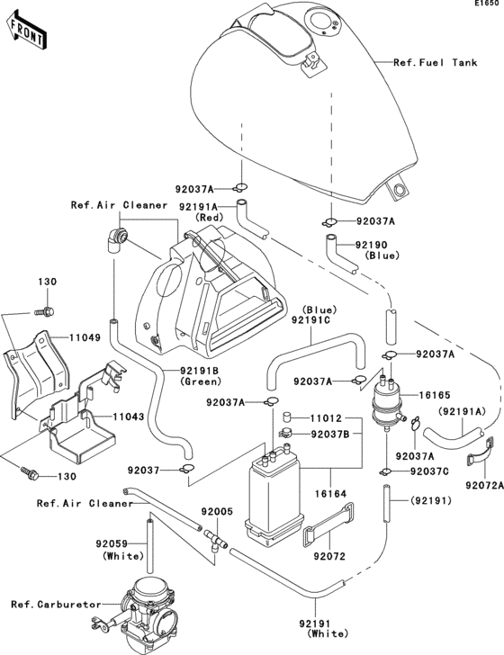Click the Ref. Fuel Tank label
pos(435,63)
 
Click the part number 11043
pos(129,418)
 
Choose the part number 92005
pos(218,512)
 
